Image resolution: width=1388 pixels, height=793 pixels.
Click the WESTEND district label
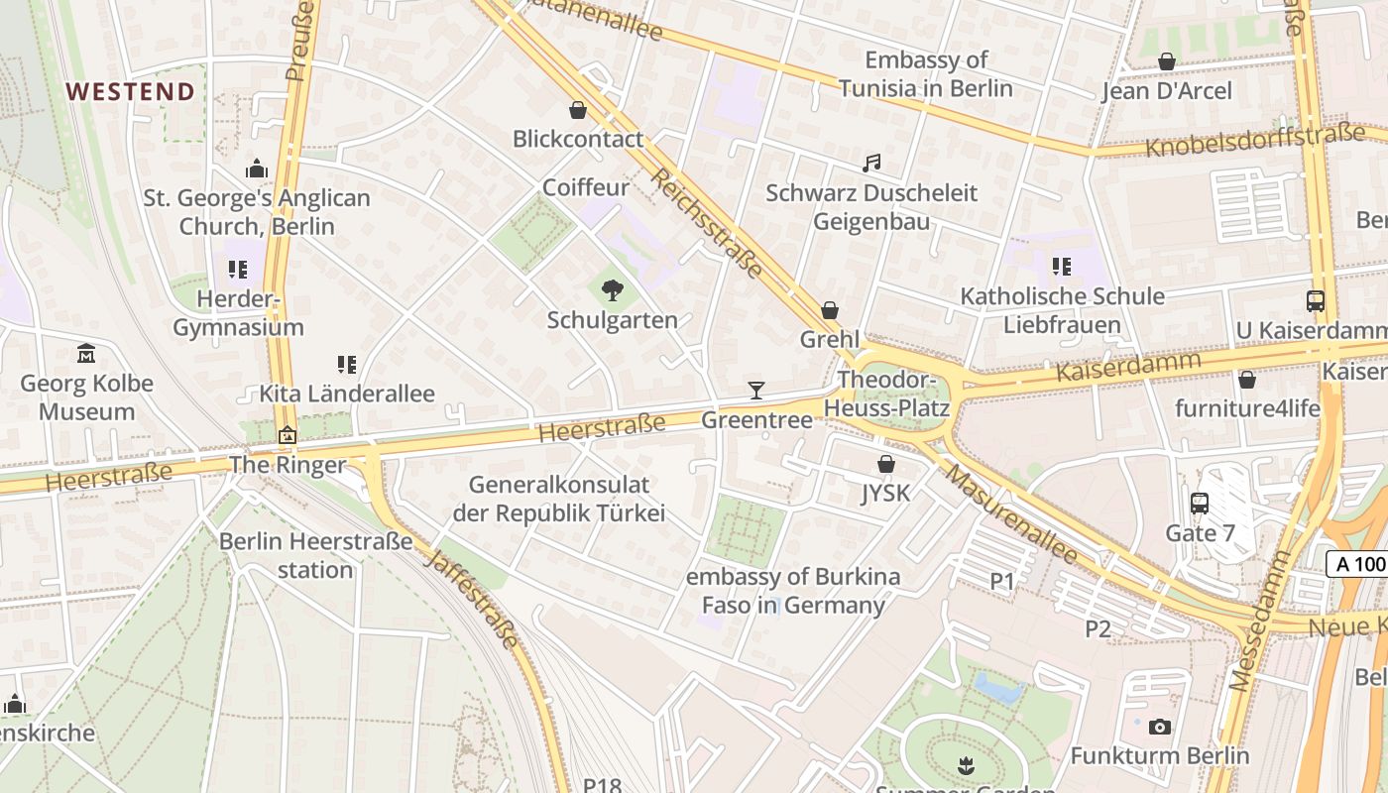(130, 92)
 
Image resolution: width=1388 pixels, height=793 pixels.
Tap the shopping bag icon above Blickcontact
(578, 110)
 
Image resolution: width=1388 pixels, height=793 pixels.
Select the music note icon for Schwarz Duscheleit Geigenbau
(871, 164)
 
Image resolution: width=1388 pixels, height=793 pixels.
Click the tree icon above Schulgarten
(613, 290)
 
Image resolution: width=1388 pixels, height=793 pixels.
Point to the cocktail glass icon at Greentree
(756, 391)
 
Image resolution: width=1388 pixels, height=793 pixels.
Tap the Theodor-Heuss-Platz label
(893, 394)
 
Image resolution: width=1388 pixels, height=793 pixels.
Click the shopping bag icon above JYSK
(886, 464)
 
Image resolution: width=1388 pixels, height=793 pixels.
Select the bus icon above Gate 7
(1200, 504)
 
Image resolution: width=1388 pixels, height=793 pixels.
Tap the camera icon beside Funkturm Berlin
(1159, 727)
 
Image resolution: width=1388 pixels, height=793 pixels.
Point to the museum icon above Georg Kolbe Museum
(86, 354)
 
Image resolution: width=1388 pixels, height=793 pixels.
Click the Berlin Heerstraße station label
(315, 555)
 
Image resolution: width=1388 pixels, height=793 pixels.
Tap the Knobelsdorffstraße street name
(1254, 141)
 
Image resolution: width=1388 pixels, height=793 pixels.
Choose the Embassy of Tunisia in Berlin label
(926, 74)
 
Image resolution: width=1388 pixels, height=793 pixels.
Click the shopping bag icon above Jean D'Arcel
(1167, 62)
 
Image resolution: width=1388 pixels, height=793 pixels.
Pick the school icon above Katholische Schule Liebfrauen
(1062, 266)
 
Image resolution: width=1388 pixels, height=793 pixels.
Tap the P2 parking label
(1098, 628)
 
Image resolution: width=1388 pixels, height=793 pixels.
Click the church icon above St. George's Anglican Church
(257, 169)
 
